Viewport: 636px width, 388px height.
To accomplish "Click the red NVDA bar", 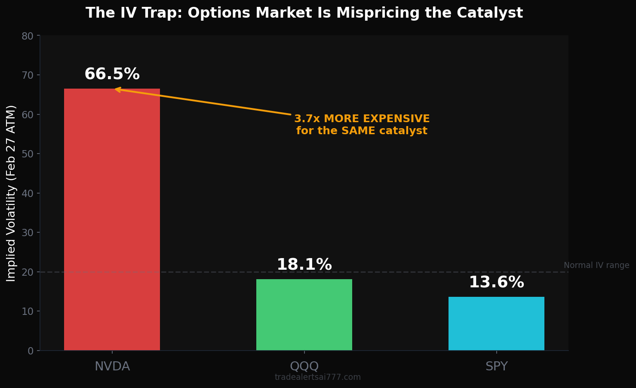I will (112, 219).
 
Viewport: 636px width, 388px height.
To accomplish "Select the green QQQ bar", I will (304, 315).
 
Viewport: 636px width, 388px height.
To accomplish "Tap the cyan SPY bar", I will (496, 323).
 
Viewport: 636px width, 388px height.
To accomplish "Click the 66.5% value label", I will (112, 74).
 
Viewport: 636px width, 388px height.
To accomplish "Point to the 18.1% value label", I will (304, 265).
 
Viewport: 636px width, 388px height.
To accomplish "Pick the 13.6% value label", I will (496, 282).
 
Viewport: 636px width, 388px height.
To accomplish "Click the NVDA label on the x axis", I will (112, 366).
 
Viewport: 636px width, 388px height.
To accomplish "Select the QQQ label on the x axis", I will (304, 366).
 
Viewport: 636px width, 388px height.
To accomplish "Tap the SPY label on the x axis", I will (496, 366).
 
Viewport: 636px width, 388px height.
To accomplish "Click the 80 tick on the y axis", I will (28, 36).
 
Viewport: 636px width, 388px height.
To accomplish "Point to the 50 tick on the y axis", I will (28, 154).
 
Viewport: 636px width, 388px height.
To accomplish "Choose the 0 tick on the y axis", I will (30, 351).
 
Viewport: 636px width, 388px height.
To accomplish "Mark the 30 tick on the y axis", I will (28, 233).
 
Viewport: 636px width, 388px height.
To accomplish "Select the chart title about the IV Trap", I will (304, 13).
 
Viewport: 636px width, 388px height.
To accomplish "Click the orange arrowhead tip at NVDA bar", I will (115, 89).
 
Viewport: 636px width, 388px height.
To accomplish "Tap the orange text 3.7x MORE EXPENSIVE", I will (362, 119).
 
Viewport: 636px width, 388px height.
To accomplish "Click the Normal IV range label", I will (596, 265).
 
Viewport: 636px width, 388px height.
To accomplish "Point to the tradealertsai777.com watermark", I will (318, 377).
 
